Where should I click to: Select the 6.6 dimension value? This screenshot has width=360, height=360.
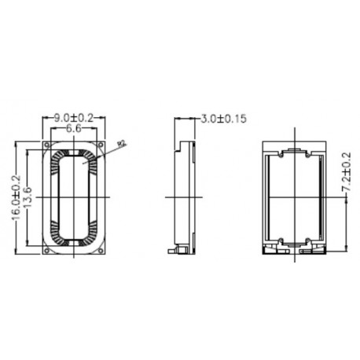coord(74,127)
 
